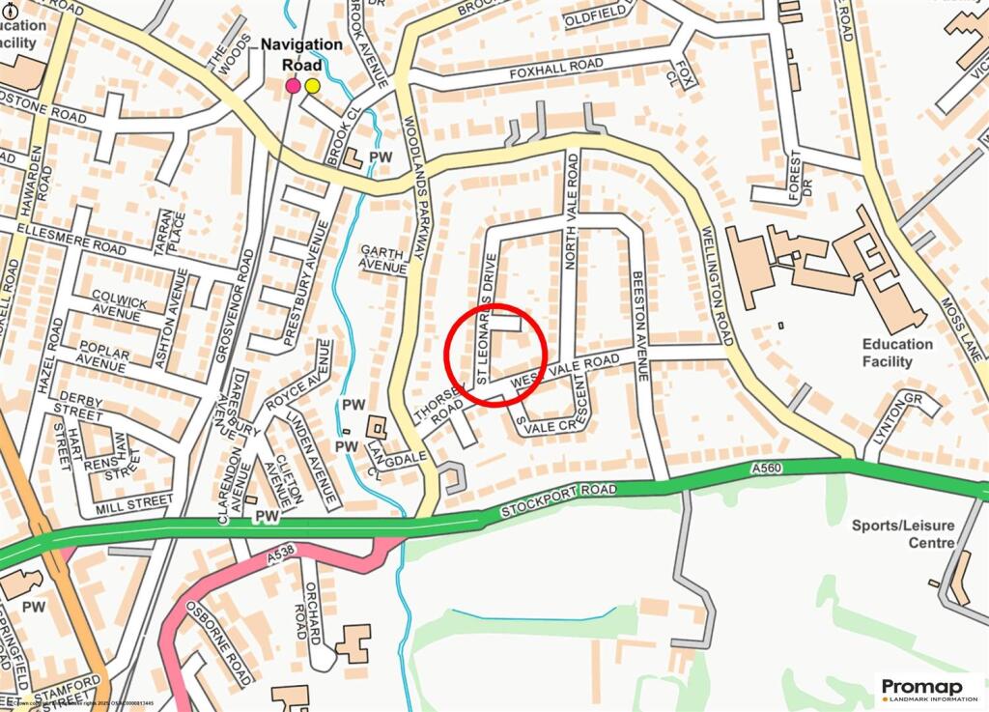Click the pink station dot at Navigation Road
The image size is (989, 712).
pyautogui.click(x=293, y=86)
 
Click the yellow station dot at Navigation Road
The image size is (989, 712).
pyautogui.click(x=312, y=86)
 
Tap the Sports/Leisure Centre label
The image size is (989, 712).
pyautogui.click(x=902, y=534)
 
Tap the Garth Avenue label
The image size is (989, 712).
pyautogui.click(x=381, y=258)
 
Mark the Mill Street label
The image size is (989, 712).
pyautogui.click(x=135, y=502)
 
